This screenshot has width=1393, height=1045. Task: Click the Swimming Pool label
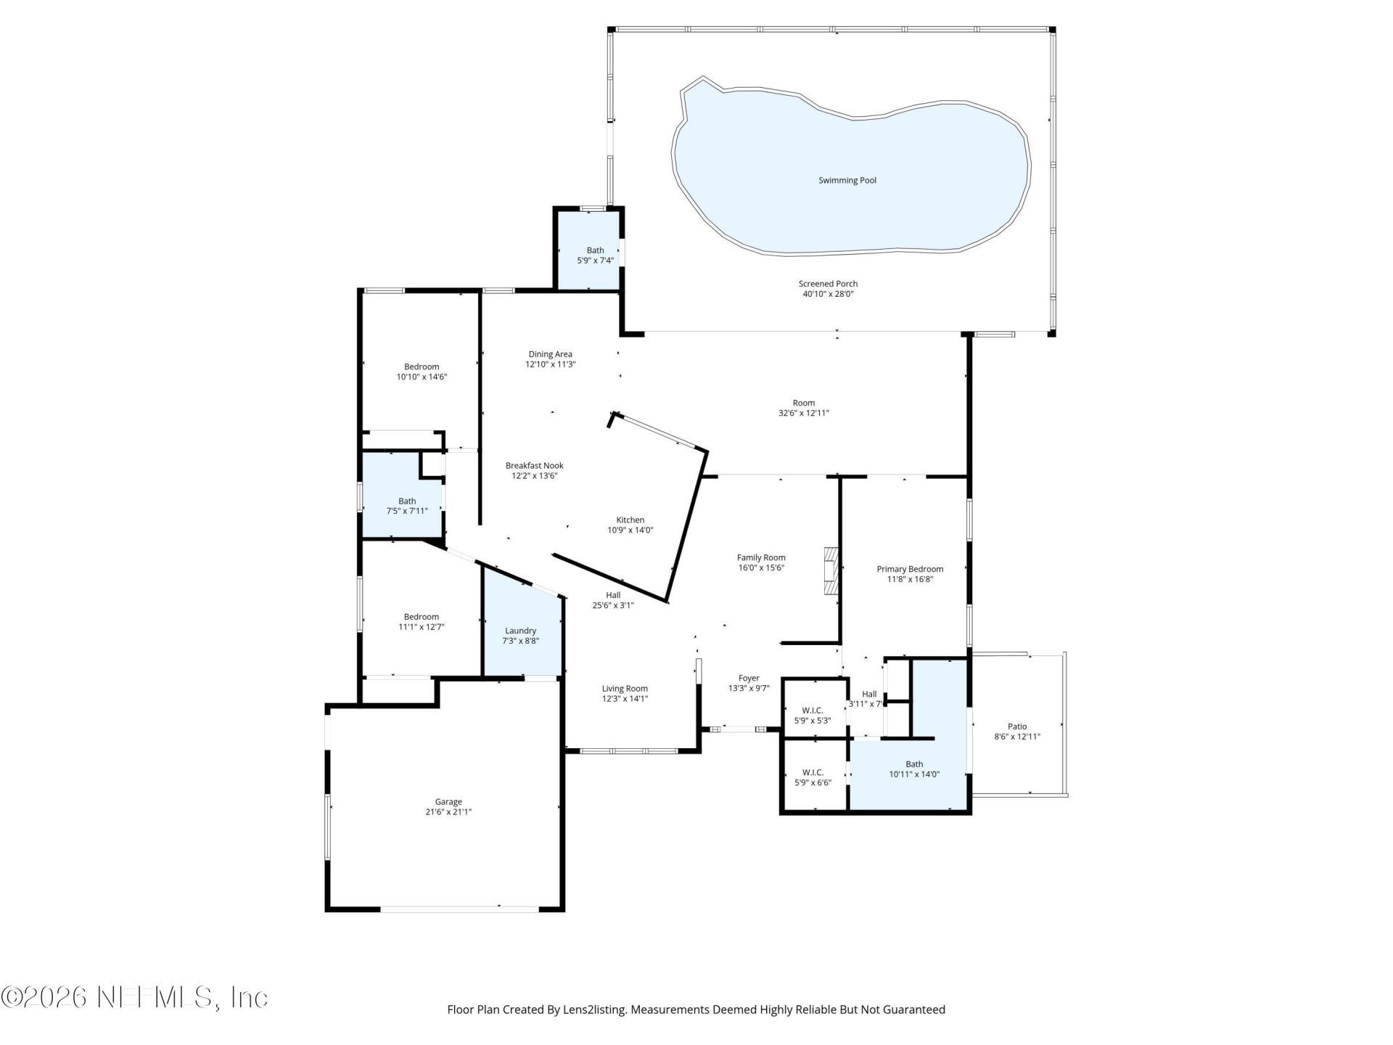pyautogui.click(x=847, y=181)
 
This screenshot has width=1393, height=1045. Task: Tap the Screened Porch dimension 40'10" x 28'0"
pyautogui.click(x=828, y=295)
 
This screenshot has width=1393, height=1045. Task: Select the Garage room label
pyautogui.click(x=448, y=802)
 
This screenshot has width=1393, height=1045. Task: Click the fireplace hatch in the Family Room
pyautogui.click(x=831, y=571)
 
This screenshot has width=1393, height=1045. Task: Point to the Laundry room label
pyautogui.click(x=520, y=631)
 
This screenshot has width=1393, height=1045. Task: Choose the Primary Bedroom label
pyautogui.click(x=910, y=569)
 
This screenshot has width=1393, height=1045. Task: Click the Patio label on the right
pyautogui.click(x=1017, y=726)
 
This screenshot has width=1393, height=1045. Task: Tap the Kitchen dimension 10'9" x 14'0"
pyautogui.click(x=630, y=530)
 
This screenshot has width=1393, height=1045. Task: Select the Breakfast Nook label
pyautogui.click(x=534, y=466)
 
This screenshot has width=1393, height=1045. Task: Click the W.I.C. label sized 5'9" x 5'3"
pyautogui.click(x=812, y=710)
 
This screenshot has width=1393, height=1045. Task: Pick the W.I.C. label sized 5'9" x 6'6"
pyautogui.click(x=812, y=772)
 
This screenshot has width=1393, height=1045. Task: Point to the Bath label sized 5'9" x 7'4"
pyautogui.click(x=595, y=250)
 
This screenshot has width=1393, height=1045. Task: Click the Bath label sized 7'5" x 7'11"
pyautogui.click(x=406, y=501)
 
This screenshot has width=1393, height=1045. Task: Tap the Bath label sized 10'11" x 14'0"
pyautogui.click(x=914, y=764)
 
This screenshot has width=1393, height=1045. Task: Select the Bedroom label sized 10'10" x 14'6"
pyautogui.click(x=422, y=366)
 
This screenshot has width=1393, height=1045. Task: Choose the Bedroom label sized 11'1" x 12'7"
pyautogui.click(x=422, y=617)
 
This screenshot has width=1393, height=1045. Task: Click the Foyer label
pyautogui.click(x=749, y=679)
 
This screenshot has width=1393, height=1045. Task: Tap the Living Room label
pyautogui.click(x=625, y=689)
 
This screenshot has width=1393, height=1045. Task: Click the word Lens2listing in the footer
pyautogui.click(x=593, y=1009)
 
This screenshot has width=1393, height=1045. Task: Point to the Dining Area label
pyautogui.click(x=550, y=354)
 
